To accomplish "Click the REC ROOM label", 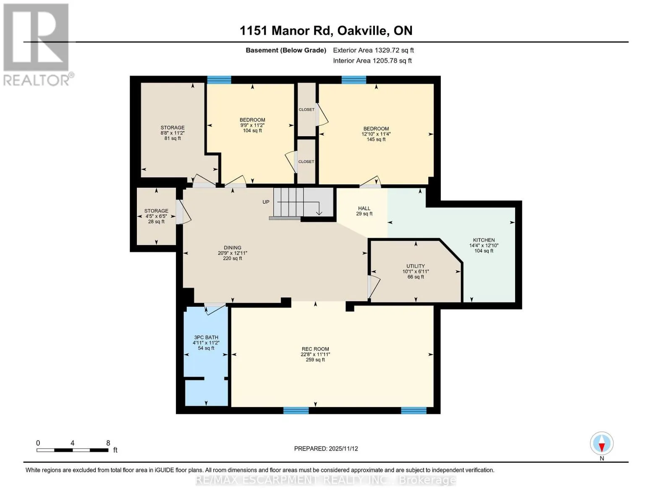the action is coord(315,349).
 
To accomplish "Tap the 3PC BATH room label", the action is coord(206,337).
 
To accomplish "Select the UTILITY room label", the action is coord(416,266).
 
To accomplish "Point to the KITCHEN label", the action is coord(484,240).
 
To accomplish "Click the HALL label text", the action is coord(364,208).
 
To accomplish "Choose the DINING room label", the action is coord(233,247).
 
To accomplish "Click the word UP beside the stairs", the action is coord(266,202).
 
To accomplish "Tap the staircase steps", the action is coord(304,202).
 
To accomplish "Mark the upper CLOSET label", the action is coord(306,110).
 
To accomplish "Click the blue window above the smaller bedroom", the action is coord(219,80).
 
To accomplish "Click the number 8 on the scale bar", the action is coord(108,443).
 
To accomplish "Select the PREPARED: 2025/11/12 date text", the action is coord(326,449).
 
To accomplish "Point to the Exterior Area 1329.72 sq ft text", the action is coord(373,50).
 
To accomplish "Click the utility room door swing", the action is coord(374,286).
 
